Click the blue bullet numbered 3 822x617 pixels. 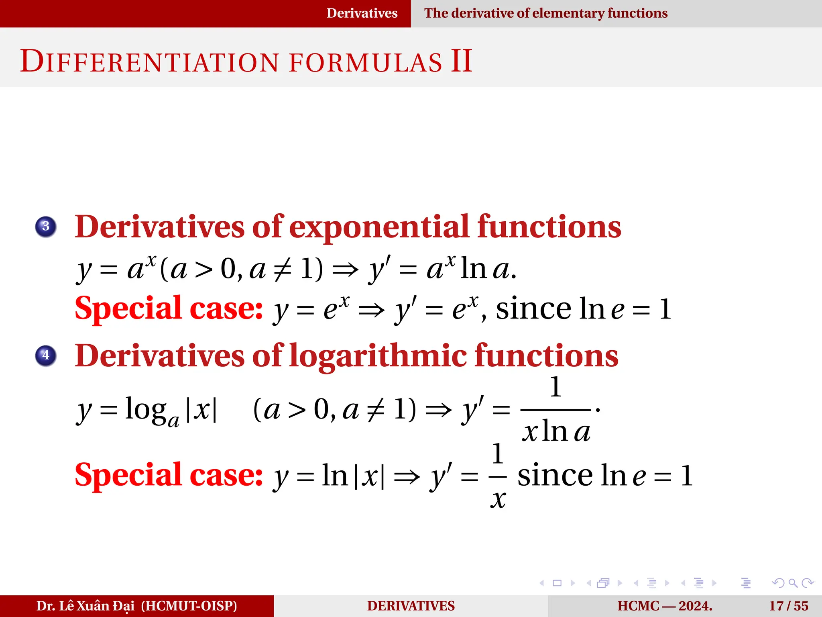pos(46,227)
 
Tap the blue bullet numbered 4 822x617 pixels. pos(46,355)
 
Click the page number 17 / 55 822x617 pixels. pos(788,606)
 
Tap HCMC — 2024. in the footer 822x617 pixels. pos(665,606)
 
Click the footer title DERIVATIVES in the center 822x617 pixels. pos(411,606)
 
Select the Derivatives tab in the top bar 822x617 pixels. pos(362,13)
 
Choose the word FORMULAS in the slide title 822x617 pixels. pos(365,63)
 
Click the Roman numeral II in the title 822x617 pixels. pos(461,61)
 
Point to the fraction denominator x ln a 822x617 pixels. pos(556,432)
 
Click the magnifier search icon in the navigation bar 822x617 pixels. pos(792,583)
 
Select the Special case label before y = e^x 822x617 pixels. pos(169,308)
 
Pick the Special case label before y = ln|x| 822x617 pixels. pos(169,475)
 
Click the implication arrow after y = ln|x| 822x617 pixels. pos(407,477)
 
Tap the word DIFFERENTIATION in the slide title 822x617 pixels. pos(149,62)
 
